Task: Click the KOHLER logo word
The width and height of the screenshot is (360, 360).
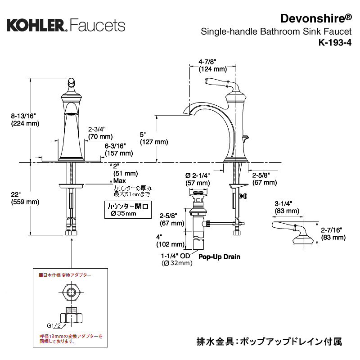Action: click(36, 25)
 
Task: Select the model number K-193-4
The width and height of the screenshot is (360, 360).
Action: click(335, 43)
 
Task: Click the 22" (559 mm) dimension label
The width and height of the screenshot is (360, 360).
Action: click(25, 198)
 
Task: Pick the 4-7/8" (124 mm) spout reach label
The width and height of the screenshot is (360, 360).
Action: click(212, 65)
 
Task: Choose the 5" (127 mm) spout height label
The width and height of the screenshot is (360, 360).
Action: click(154, 138)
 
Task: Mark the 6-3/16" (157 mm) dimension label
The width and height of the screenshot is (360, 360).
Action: click(119, 149)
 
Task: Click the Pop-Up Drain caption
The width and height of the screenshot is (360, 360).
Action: click(219, 256)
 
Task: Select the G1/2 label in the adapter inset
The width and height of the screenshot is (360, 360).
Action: click(54, 325)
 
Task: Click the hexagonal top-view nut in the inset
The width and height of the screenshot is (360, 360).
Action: click(72, 292)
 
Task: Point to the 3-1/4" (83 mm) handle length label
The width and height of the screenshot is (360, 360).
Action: click(287, 207)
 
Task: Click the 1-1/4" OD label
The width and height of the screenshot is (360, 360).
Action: click(175, 256)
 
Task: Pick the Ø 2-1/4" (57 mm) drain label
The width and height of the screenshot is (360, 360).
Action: click(198, 179)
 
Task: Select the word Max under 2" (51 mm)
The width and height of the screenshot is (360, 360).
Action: click(119, 181)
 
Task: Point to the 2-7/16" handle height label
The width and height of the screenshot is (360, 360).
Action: click(333, 234)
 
